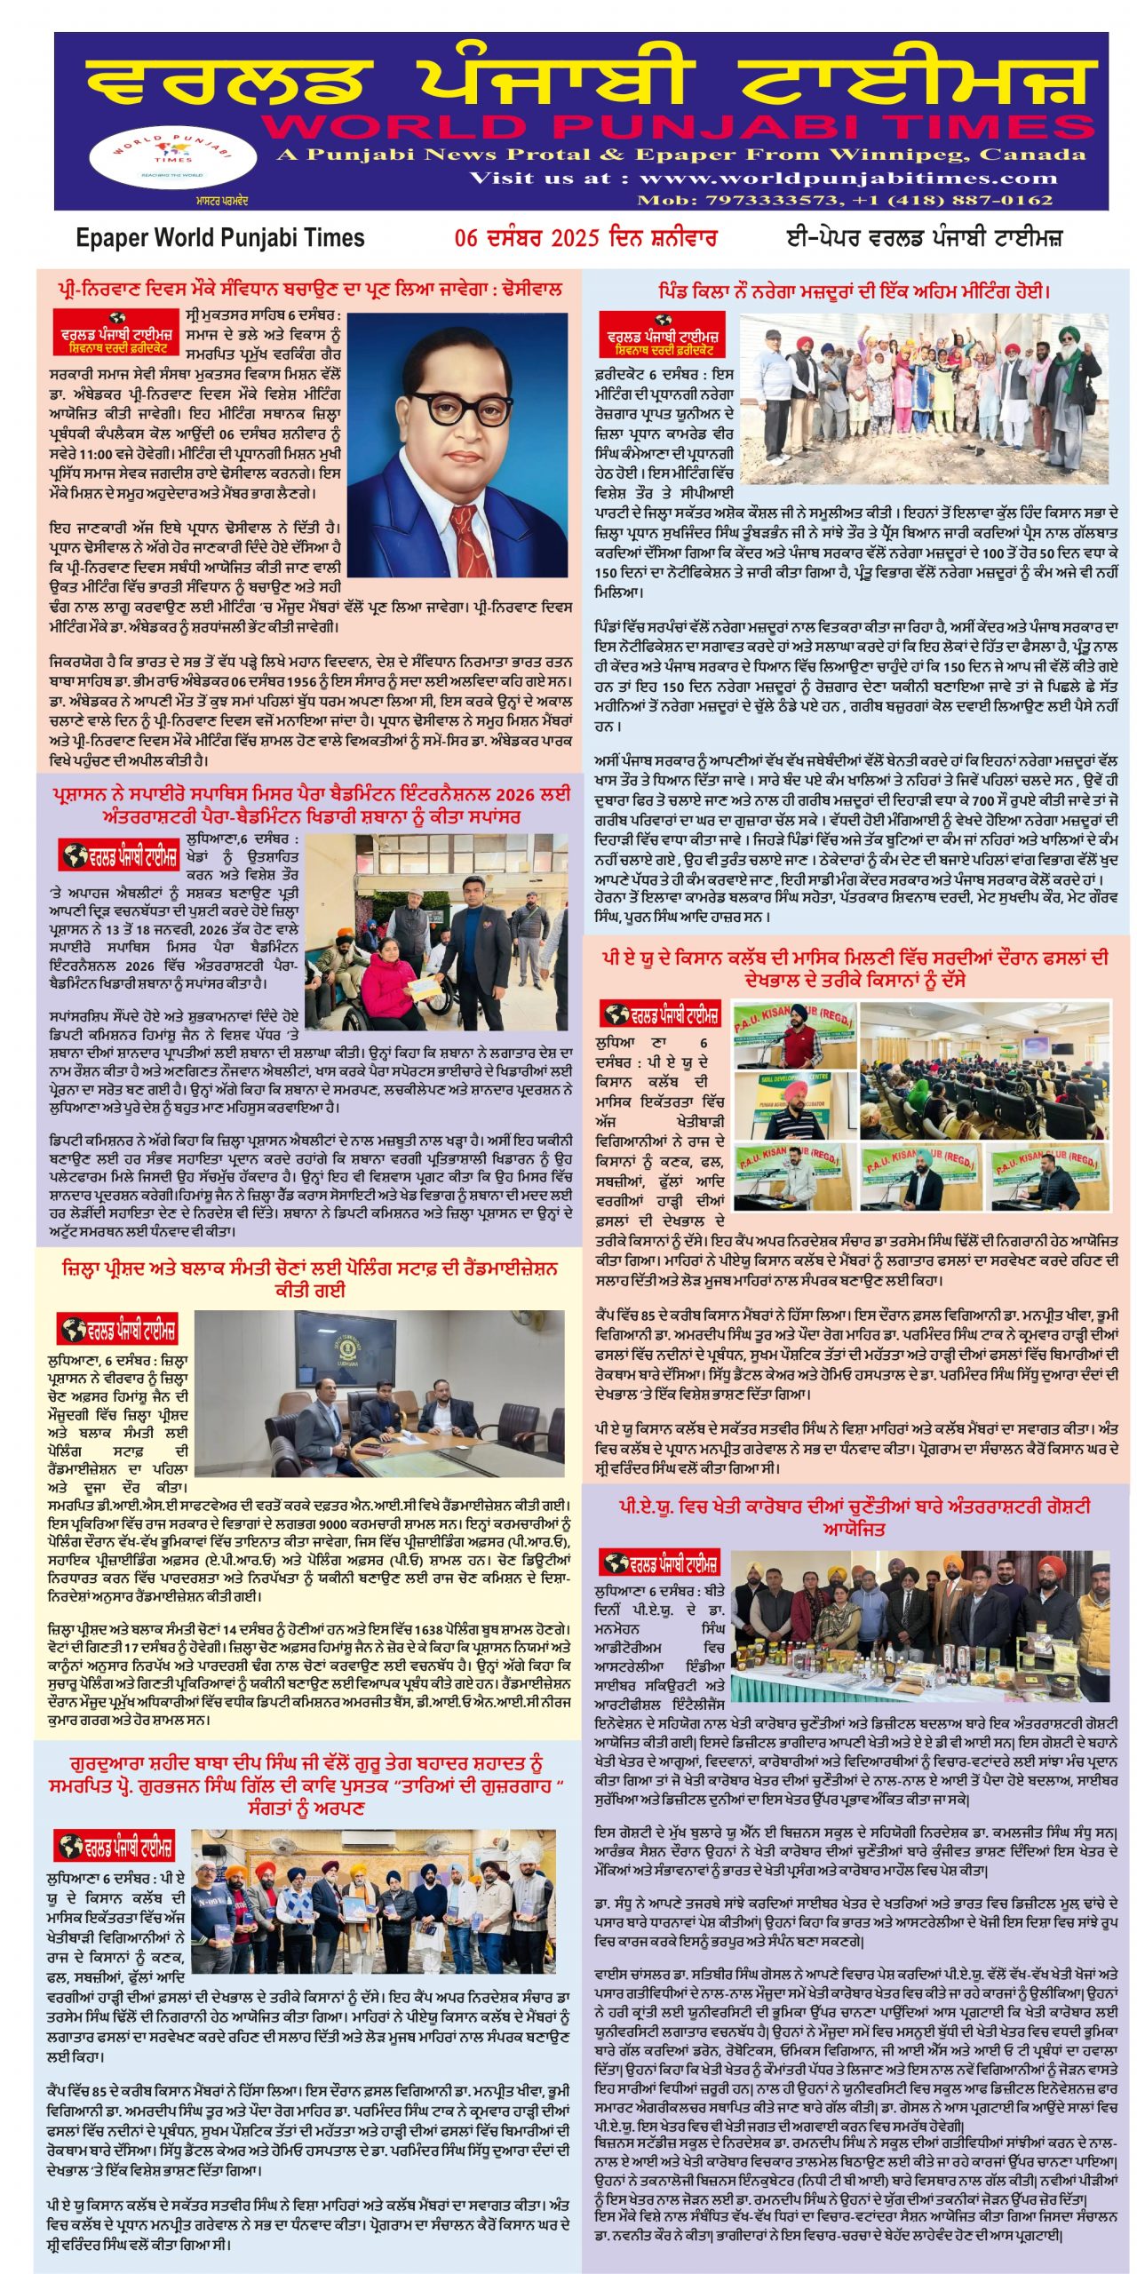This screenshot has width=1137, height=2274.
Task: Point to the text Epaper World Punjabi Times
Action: (220, 238)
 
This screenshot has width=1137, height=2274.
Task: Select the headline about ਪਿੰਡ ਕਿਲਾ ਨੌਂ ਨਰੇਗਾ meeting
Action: (854, 291)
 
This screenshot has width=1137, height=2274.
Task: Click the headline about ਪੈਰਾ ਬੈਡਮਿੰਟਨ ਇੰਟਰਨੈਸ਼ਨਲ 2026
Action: (310, 805)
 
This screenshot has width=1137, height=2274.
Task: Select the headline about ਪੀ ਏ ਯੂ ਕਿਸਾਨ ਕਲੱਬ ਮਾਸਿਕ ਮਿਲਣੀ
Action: (855, 969)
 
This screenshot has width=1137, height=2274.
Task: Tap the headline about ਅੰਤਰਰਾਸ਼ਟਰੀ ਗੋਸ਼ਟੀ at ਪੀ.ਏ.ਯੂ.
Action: (855, 1528)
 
